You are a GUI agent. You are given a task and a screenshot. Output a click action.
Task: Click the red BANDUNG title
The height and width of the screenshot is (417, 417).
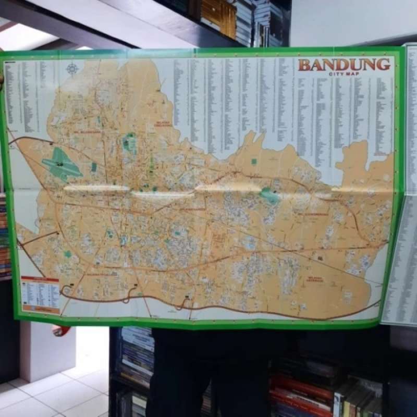[344, 65]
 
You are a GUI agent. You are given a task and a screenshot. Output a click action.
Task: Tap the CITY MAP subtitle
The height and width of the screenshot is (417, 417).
[344, 74]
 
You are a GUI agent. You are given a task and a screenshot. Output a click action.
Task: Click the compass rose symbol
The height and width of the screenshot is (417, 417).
[72, 69]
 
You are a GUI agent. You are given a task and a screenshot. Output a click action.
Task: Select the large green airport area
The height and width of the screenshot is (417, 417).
[61, 164]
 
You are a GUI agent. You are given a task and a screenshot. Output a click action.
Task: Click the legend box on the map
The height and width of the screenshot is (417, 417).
[40, 295]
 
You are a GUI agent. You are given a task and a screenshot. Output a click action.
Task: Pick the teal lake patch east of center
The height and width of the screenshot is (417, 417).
[270, 195]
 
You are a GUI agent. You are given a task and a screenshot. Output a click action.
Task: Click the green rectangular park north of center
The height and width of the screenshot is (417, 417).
[129, 142]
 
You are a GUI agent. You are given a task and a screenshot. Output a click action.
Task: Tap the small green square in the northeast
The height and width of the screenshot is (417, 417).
[254, 162]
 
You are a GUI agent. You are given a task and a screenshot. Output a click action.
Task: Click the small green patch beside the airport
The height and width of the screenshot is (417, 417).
[94, 167]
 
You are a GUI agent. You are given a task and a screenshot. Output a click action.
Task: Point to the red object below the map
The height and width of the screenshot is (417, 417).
[61, 330]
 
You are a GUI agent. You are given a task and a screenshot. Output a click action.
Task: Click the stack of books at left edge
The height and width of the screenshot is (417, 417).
[5, 235]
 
